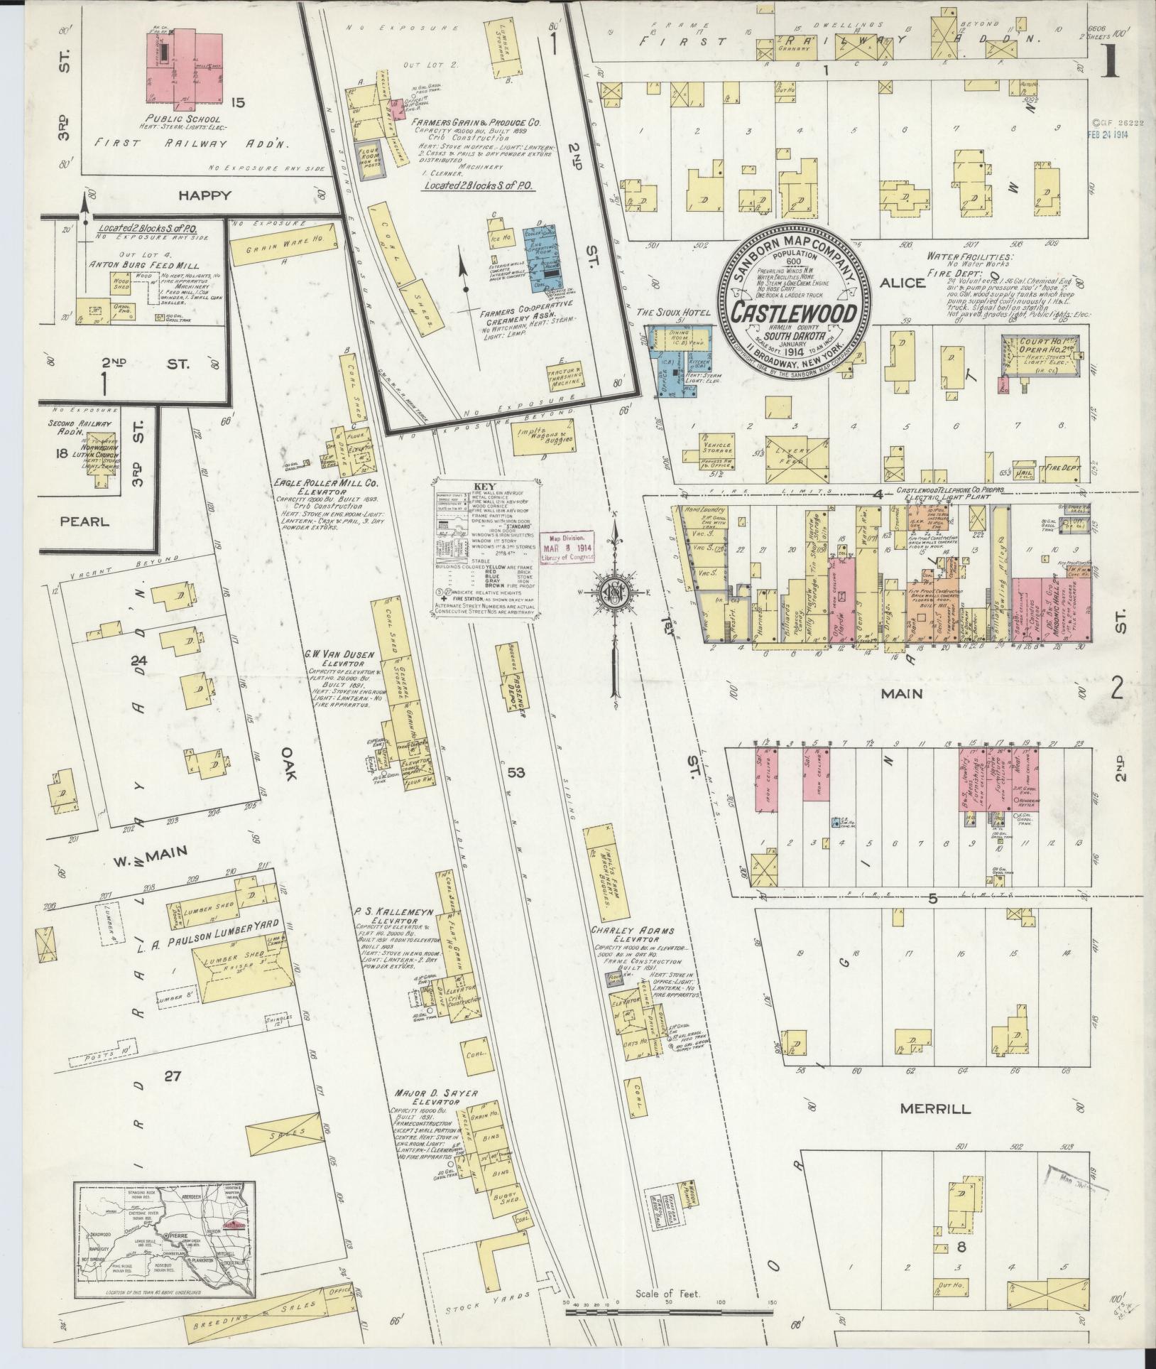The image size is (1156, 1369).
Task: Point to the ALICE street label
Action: pos(903,282)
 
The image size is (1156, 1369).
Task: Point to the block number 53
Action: pos(516,772)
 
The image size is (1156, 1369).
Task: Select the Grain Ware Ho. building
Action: pos(284,242)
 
